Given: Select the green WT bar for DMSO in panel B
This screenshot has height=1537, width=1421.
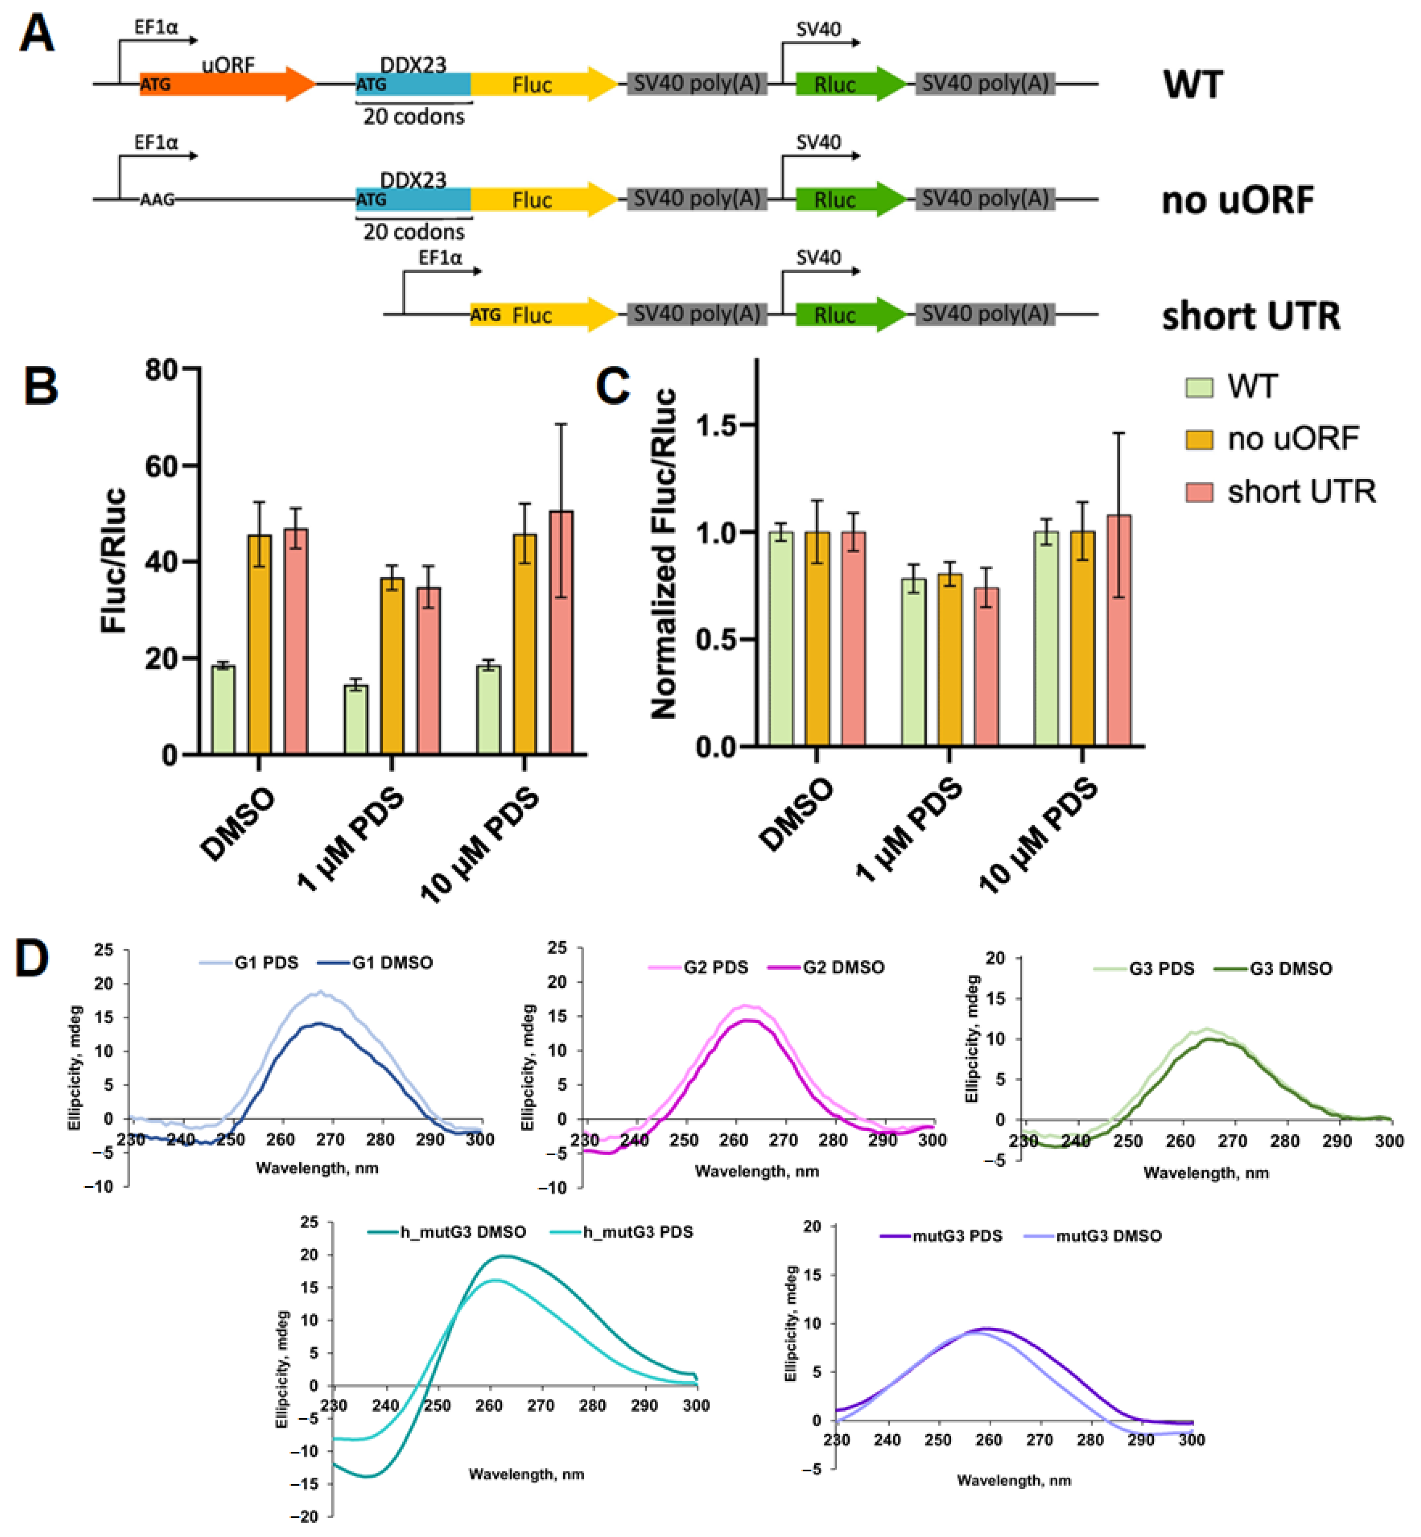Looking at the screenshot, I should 224,709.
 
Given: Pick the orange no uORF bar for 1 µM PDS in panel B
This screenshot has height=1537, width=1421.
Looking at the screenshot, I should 392,665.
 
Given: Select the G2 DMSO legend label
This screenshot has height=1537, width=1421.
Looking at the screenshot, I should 843,967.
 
